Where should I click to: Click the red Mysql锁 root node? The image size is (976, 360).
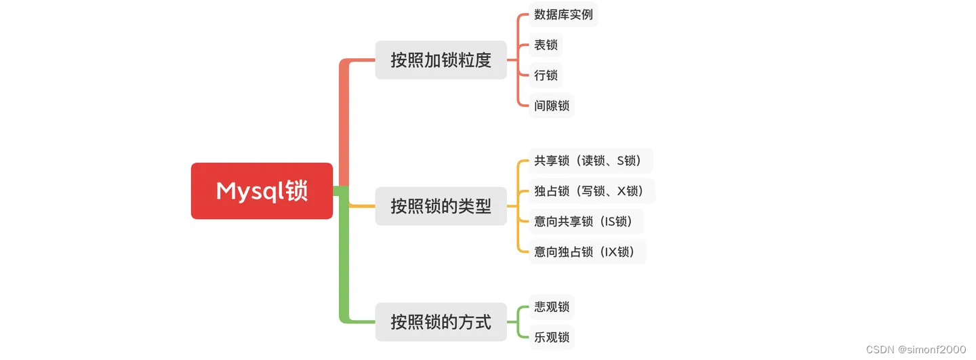tap(262, 191)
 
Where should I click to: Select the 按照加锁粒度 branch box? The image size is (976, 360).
tap(441, 60)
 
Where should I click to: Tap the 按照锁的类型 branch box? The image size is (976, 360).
tap(441, 206)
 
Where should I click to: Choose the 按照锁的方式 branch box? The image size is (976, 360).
tap(441, 322)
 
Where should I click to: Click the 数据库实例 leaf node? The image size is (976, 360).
tap(563, 14)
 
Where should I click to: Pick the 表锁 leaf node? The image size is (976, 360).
tap(546, 45)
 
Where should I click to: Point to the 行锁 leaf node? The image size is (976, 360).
tap(546, 75)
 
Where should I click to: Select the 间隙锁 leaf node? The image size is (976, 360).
tap(552, 106)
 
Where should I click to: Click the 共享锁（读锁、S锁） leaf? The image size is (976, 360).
tap(591, 161)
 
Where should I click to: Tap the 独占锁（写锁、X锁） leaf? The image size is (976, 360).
tap(592, 191)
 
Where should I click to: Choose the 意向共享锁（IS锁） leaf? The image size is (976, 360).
tap(586, 222)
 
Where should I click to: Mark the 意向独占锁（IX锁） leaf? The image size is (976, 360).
tap(588, 252)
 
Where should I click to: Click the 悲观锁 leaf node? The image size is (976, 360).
tap(552, 307)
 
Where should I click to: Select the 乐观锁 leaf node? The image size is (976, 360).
tap(552, 338)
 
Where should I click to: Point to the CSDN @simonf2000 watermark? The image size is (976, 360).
tap(916, 350)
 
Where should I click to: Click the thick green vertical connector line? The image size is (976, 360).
tap(344, 255)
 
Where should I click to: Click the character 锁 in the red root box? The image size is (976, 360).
tap(296, 191)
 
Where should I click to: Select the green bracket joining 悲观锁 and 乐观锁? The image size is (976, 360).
tap(518, 322)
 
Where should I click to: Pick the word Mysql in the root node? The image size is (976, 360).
tap(250, 191)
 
